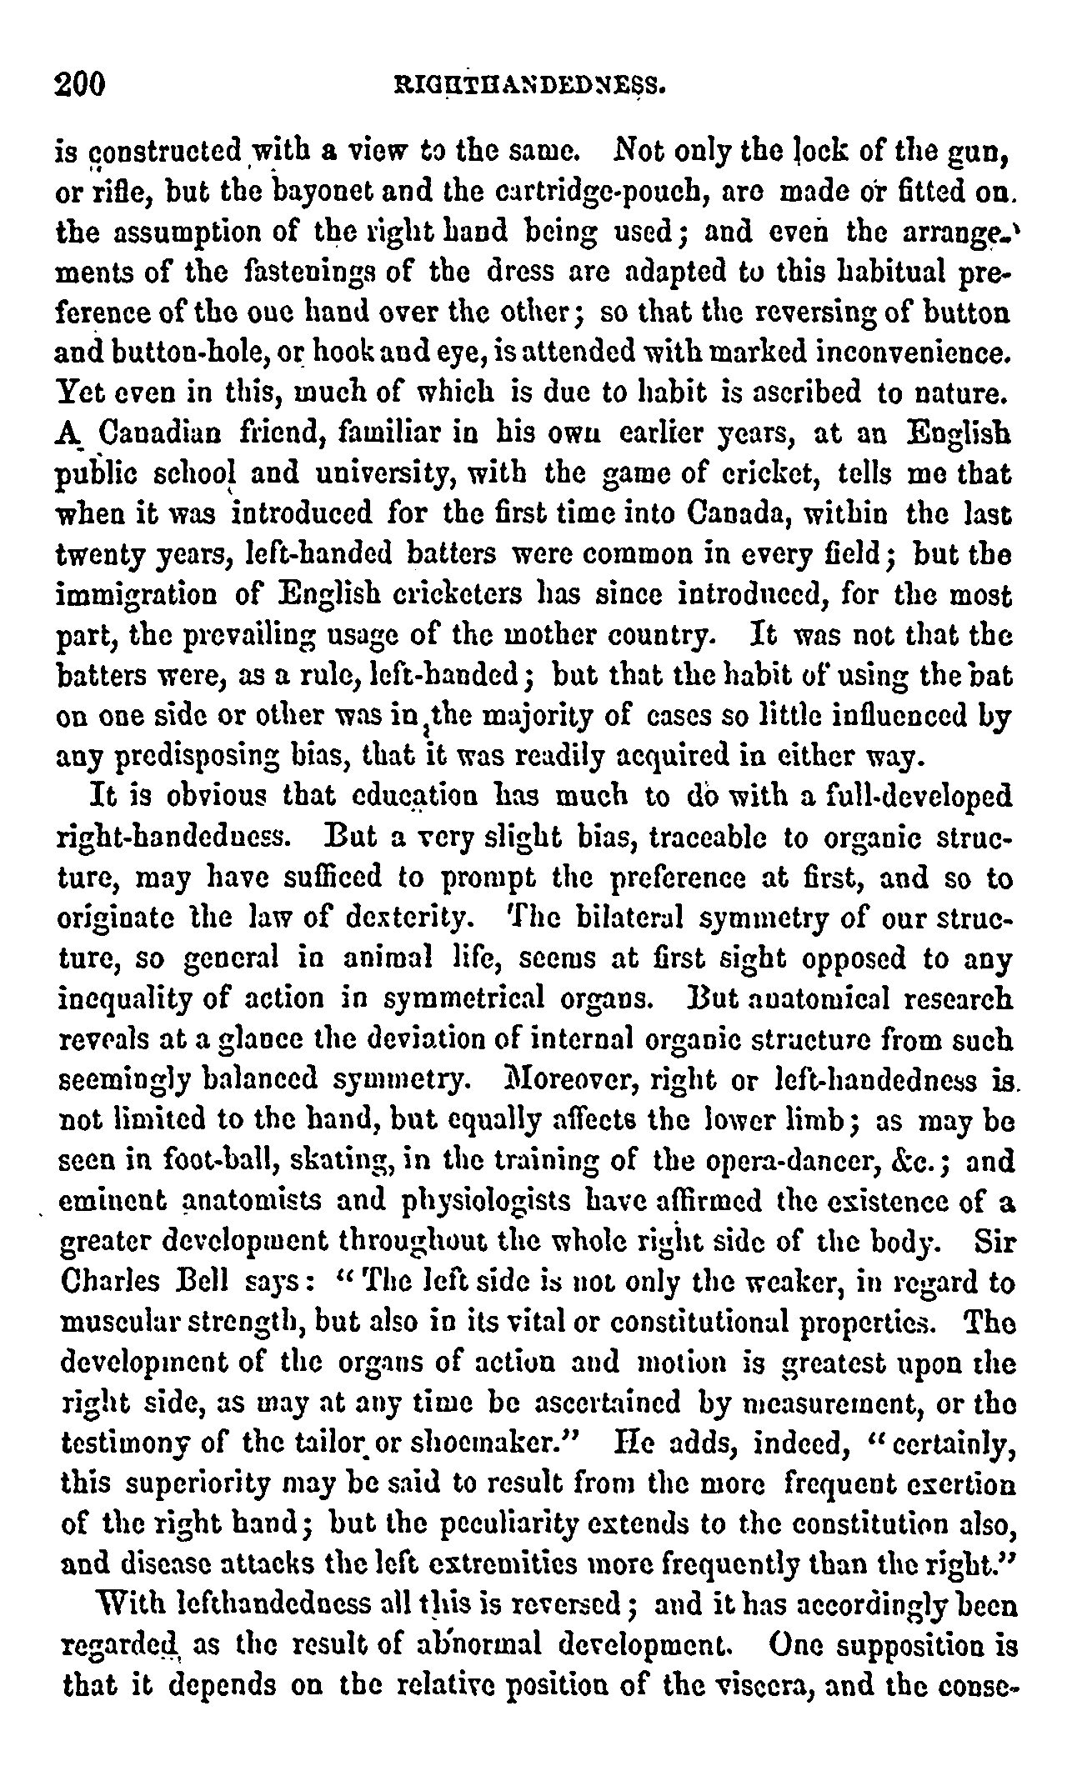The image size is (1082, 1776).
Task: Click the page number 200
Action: (x=82, y=84)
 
